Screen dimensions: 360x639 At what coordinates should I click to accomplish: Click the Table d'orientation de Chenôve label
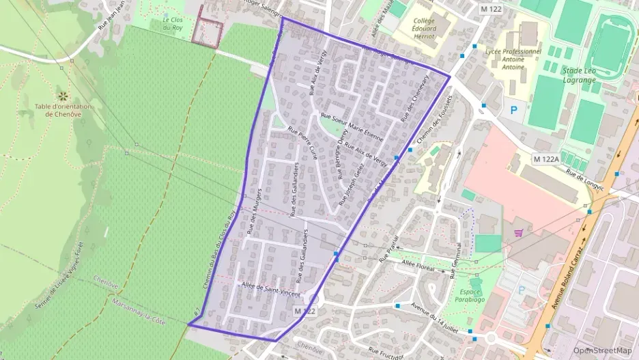[x=63, y=110]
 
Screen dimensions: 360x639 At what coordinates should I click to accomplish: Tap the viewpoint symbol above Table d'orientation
[x=63, y=95]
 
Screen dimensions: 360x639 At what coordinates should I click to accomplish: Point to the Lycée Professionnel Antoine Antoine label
[x=513, y=59]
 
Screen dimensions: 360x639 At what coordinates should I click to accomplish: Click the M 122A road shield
[x=545, y=158]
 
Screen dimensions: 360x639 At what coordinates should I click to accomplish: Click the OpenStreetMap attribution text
[x=603, y=350]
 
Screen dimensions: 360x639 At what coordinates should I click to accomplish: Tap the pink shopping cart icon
[x=518, y=232]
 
